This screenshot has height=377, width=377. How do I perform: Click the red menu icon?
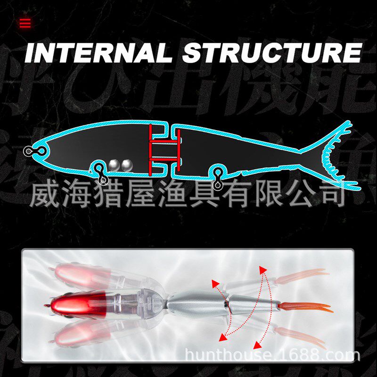click(25, 23)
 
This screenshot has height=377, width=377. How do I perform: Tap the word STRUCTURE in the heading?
click(272, 53)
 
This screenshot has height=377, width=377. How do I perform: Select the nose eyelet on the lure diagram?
click(29, 151)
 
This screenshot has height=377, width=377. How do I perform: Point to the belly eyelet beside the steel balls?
click(101, 174)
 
